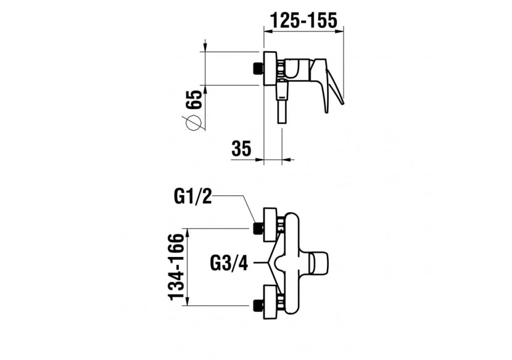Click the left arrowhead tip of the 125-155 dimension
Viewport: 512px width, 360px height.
tap(264, 31)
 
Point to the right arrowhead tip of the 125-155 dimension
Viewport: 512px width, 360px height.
tap(344, 31)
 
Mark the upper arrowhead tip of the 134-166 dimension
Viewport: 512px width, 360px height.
tap(188, 229)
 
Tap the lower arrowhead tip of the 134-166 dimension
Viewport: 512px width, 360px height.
tap(188, 306)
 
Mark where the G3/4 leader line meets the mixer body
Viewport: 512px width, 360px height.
tap(268, 262)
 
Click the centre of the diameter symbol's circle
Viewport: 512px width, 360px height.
tap(193, 123)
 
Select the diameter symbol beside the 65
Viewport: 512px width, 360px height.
tap(193, 123)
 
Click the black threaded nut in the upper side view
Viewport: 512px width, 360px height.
tap(258, 68)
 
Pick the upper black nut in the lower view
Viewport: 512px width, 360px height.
tap(258, 229)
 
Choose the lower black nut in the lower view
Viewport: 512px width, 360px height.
tap(258, 306)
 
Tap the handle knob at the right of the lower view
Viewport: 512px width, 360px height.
tap(320, 263)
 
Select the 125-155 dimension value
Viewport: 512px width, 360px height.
tap(303, 20)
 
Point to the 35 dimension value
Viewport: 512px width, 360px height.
tap(242, 149)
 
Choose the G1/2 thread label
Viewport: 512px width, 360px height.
tap(193, 197)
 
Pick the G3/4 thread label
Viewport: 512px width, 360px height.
tap(229, 263)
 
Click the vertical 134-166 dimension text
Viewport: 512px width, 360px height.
tap(176, 267)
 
